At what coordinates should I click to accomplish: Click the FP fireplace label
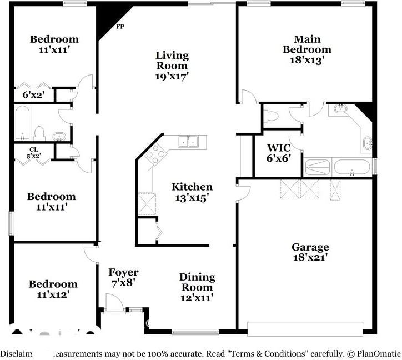119,27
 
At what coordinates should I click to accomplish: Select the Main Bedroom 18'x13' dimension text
306,59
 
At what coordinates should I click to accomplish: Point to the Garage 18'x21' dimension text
310,257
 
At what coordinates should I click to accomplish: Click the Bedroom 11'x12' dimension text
53,295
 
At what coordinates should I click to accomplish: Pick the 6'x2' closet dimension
33,95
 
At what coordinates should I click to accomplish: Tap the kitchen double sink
189,141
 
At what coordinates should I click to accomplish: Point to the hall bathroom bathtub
22,123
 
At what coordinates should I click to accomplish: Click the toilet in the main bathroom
272,117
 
